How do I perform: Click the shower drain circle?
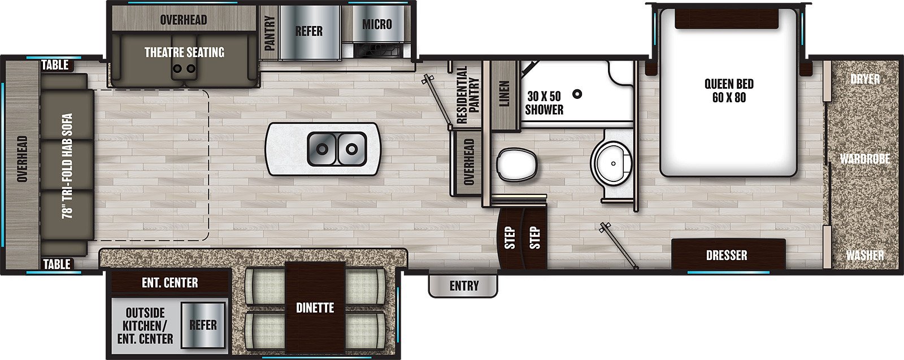(578, 94)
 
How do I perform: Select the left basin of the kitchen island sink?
(321, 149)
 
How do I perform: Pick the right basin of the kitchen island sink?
(351, 149)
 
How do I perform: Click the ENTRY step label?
(464, 286)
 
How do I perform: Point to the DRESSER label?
(727, 255)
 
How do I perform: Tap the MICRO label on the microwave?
(377, 24)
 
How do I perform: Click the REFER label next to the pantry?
(308, 31)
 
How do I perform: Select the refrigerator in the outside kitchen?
(203, 325)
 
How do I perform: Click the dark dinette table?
(315, 309)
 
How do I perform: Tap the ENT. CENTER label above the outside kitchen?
(170, 283)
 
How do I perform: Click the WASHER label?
(865, 255)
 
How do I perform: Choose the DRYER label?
(865, 79)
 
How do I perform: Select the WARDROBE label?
(865, 159)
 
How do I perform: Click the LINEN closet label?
(505, 94)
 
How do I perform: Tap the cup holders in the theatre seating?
(184, 68)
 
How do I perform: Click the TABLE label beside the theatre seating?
(55, 64)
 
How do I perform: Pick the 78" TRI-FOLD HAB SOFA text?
(67, 166)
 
